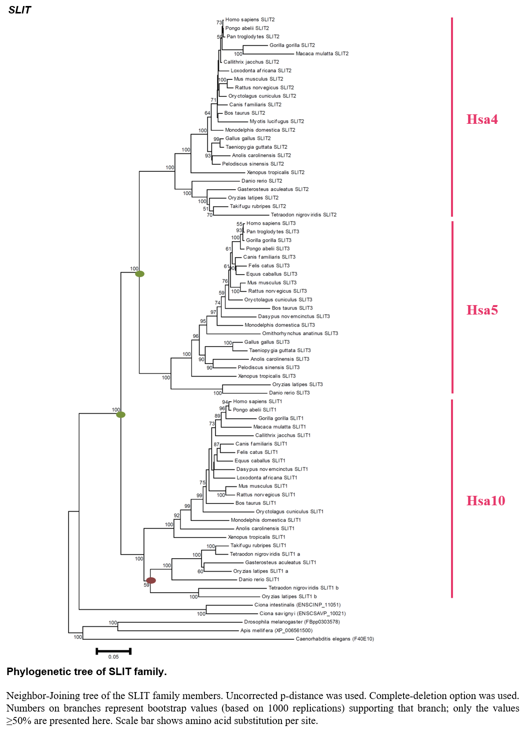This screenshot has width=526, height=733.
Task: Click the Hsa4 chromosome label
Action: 482,119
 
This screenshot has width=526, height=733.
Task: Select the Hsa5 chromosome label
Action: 482,310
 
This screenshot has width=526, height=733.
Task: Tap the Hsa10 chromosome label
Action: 485,501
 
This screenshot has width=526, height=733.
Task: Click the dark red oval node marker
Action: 151,580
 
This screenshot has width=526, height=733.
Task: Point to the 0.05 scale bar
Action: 113,651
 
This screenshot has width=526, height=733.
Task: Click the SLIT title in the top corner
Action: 19,10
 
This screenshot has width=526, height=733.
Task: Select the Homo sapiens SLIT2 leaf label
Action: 249,19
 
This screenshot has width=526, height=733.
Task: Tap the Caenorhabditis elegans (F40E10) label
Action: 334,639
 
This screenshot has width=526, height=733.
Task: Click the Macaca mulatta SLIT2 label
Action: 322,53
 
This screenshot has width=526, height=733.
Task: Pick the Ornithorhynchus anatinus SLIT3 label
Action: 300,333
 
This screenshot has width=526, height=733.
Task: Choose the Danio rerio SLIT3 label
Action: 289,392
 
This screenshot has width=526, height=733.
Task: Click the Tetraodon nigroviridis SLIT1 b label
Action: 303,588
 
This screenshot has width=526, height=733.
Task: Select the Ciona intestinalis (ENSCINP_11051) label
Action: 297,605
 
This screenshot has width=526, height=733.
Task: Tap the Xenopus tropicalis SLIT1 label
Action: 256,537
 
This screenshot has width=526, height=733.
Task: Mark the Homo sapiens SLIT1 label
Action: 257,401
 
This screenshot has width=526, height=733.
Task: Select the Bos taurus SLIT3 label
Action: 292,308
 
